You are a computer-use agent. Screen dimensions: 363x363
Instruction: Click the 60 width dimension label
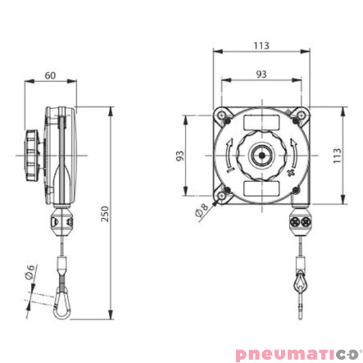[50, 75]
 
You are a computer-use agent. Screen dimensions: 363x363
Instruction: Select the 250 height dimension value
[104, 213]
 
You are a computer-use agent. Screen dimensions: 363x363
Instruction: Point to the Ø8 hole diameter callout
[201, 212]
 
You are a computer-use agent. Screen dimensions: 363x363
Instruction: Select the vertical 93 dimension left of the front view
[179, 156]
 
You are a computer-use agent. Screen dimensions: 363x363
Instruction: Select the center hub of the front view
[260, 155]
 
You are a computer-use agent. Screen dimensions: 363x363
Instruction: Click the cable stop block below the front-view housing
[299, 222]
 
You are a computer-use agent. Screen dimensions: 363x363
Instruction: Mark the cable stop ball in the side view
[61, 220]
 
